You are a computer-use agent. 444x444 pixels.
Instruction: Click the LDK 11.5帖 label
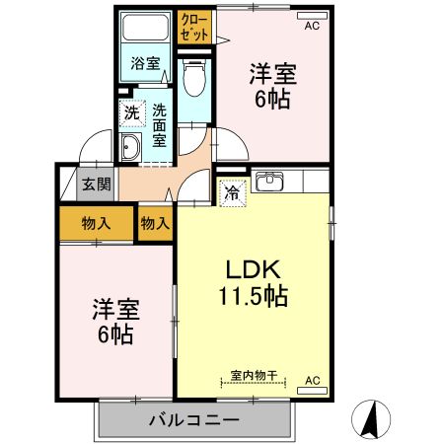[253, 282]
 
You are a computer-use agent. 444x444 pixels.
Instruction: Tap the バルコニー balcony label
[193, 419]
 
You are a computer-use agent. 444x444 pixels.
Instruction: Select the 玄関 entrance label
[96, 183]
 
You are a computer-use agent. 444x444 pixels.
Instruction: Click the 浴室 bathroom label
[147, 65]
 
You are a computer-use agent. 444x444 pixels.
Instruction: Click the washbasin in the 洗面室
[131, 147]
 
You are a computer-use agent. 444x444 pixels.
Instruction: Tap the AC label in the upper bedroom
[312, 26]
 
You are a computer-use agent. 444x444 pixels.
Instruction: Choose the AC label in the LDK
[312, 380]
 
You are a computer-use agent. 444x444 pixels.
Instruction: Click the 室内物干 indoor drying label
[253, 375]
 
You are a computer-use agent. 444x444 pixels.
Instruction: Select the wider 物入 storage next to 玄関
[97, 223]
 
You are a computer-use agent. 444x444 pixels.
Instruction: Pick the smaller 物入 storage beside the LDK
[155, 223]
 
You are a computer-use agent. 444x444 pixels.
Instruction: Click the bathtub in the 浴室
[147, 31]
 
